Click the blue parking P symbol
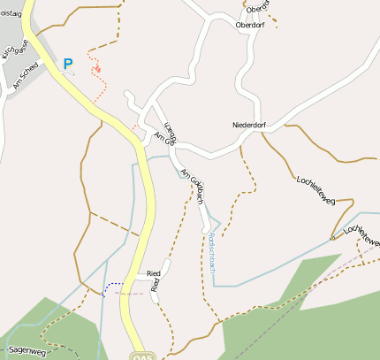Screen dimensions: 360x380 [68, 64]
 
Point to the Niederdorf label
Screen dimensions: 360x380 [248, 125]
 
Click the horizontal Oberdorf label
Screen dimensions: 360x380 [250, 25]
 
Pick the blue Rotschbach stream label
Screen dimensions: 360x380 [212, 252]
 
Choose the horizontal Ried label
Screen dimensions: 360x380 [153, 274]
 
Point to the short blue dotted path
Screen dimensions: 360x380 [111, 287]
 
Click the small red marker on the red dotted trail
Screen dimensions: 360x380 [97, 68]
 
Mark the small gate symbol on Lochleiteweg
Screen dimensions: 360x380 [332, 237]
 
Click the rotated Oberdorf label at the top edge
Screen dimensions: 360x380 [258, 7]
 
